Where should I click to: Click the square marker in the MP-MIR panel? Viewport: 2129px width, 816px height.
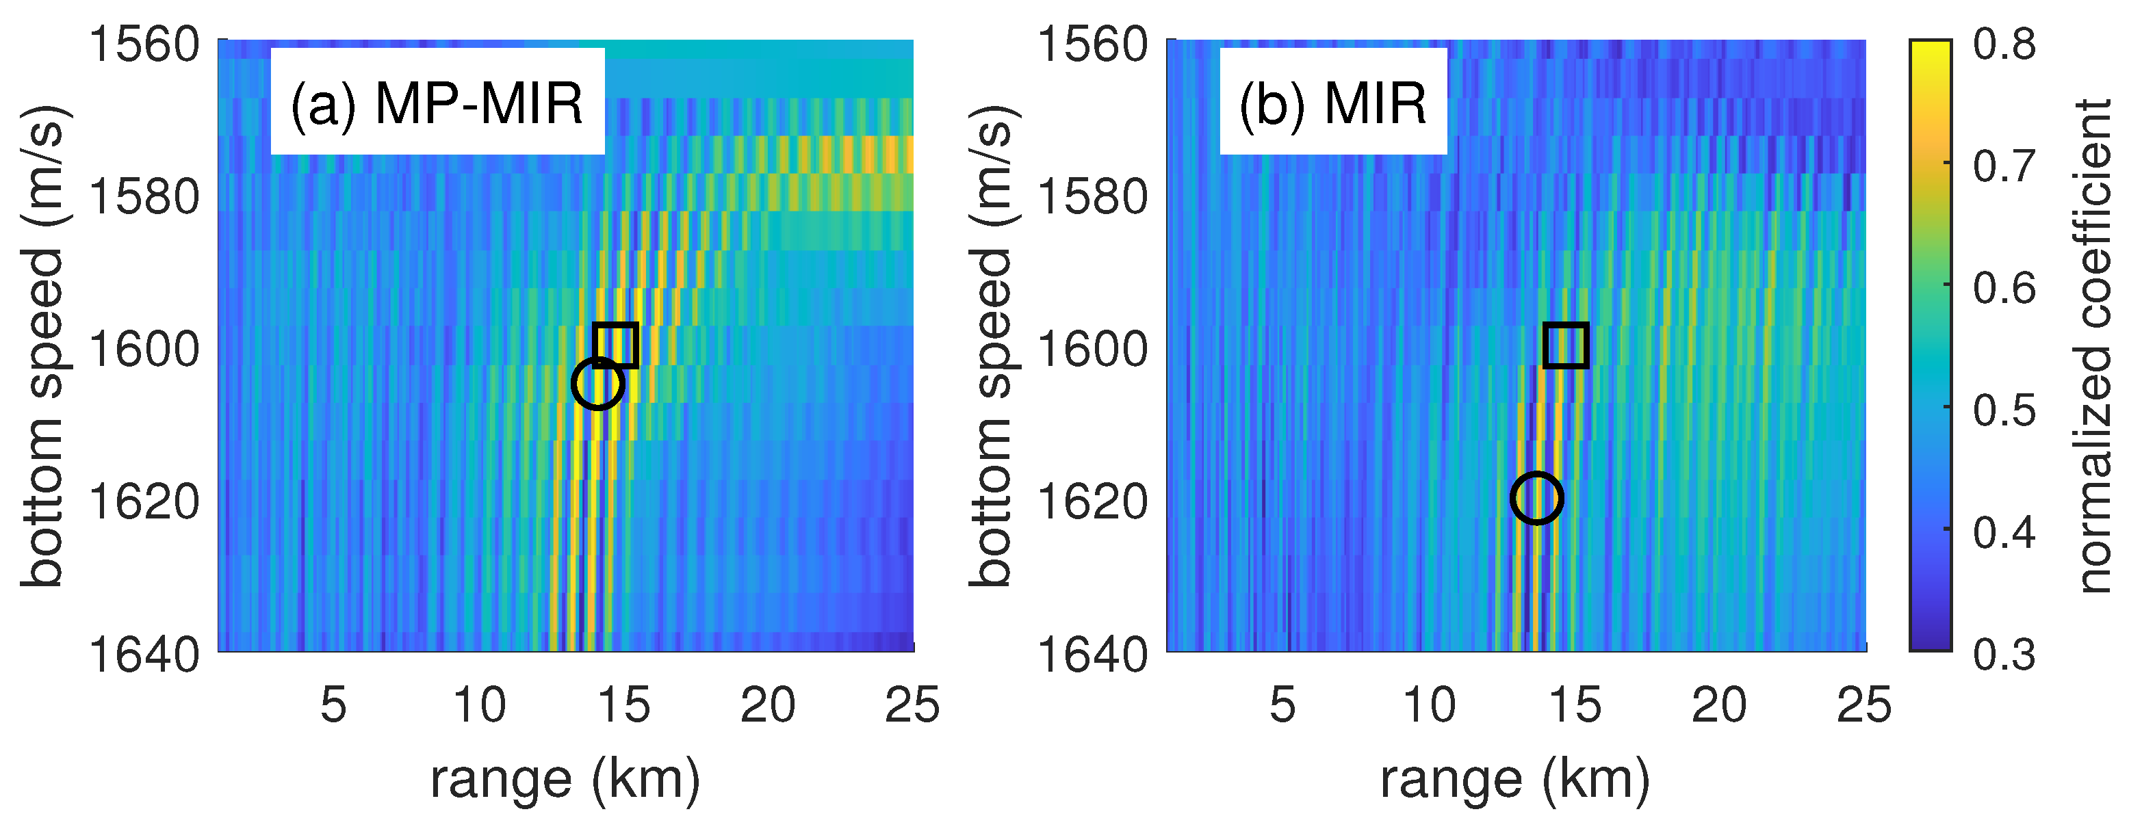[x=616, y=345]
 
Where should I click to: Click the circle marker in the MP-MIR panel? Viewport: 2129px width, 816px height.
[x=597, y=383]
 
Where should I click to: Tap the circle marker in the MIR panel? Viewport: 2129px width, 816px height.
[x=1536, y=498]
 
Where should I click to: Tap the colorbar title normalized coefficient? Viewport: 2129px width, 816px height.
[x=2092, y=347]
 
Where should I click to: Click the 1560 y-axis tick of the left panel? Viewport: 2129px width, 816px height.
[x=144, y=44]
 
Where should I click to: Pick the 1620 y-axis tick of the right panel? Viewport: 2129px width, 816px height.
[x=1092, y=501]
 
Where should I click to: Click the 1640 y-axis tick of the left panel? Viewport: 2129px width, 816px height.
[x=144, y=656]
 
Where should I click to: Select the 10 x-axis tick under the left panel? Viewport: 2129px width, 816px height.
[x=479, y=706]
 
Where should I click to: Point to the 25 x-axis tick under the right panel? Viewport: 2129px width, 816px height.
[x=1863, y=706]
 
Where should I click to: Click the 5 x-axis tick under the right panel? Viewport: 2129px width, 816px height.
[x=1282, y=706]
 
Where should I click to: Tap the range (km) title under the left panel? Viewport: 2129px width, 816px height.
[x=565, y=779]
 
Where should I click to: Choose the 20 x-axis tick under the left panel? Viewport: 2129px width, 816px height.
[x=768, y=706]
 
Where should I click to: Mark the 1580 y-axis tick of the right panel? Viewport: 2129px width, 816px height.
[x=1092, y=196]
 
